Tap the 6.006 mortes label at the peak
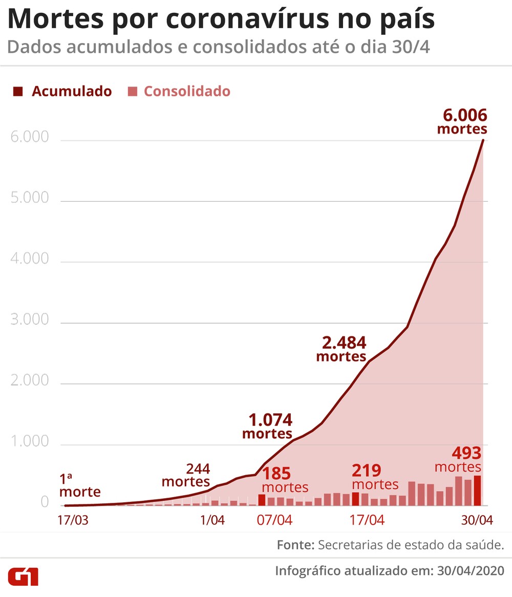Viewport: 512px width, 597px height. [x=462, y=121]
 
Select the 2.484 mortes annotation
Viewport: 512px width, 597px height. [x=342, y=349]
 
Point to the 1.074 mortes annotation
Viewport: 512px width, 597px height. [x=268, y=427]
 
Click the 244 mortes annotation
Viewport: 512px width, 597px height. [x=186, y=475]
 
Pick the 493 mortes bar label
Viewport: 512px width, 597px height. [x=458, y=459]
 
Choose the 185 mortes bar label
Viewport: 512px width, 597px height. [x=285, y=480]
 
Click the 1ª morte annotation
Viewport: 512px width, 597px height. [x=79, y=486]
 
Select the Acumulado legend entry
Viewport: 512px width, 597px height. [x=62, y=92]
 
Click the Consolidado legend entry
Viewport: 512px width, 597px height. [x=179, y=92]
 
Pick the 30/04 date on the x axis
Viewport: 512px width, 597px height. [x=476, y=520]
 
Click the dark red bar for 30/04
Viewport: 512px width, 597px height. [x=477, y=491]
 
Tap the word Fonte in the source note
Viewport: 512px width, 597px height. [x=295, y=545]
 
